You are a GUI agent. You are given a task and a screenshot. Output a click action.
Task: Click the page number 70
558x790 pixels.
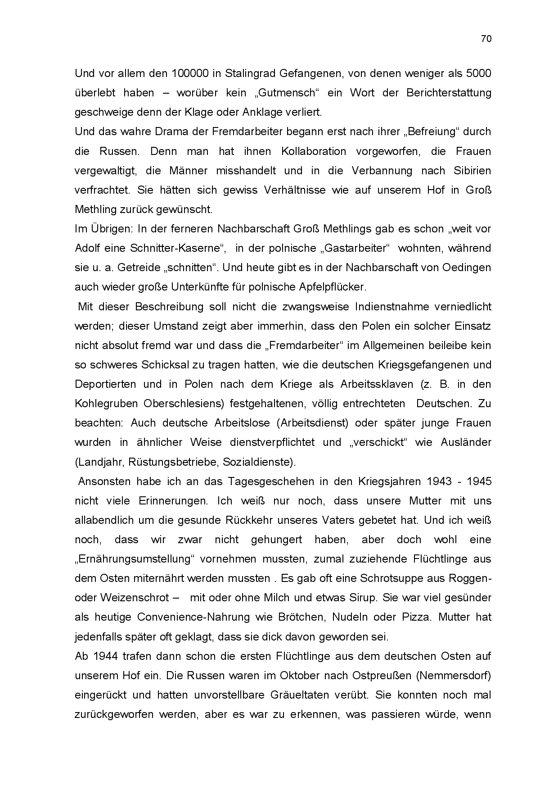coord(486,39)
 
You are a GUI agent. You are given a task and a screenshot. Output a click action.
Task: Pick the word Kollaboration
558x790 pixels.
coord(314,151)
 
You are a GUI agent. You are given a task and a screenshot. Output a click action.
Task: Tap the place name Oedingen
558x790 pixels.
coord(465,268)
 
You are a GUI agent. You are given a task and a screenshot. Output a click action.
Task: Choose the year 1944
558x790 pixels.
coord(106,656)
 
